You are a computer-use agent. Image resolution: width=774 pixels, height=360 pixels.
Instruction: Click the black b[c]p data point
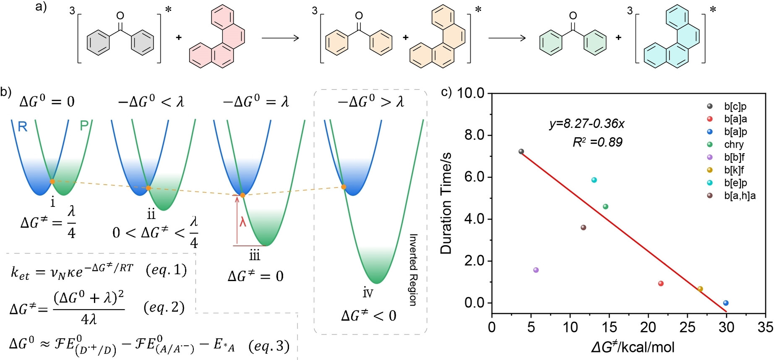coord(521,151)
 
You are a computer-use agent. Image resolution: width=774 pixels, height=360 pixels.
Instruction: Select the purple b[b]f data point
coord(536,270)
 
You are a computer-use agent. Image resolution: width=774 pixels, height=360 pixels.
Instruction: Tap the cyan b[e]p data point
coord(594,180)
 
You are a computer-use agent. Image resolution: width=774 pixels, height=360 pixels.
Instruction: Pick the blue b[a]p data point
coord(726,303)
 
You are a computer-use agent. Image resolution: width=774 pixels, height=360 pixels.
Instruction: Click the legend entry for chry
coord(734,144)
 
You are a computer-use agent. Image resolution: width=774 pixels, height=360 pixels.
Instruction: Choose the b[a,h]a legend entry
coord(740,196)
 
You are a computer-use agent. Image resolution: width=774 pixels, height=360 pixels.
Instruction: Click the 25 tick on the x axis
coord(687,327)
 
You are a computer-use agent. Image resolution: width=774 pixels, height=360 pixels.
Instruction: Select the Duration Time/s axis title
coord(446,203)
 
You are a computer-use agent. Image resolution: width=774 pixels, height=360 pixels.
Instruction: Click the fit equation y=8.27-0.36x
coord(587,123)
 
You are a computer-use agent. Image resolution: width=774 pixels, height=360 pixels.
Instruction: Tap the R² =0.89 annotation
coord(597,142)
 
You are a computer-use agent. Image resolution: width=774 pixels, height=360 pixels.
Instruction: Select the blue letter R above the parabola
coord(23,126)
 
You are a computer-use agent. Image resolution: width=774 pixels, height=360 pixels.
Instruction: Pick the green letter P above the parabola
coord(84,125)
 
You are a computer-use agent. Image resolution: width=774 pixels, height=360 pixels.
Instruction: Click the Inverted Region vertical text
coord(413,270)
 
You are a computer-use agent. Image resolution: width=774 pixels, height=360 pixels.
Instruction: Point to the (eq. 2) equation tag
coord(164,307)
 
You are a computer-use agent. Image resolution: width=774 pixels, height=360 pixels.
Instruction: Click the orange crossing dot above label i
coord(52,181)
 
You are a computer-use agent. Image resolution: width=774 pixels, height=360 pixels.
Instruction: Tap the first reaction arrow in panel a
coord(280,38)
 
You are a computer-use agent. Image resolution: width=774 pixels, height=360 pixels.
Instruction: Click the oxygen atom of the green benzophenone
coord(573,16)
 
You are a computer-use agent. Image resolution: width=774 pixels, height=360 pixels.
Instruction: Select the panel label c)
coord(446,91)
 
